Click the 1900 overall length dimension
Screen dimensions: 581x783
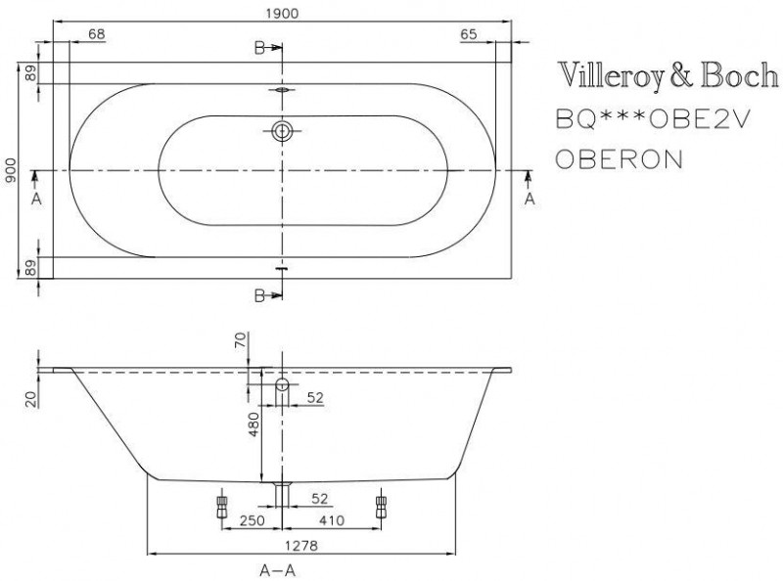pyautogui.click(x=282, y=12)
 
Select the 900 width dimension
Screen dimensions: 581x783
pyautogui.click(x=10, y=170)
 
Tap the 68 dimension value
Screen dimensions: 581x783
pyautogui.click(x=96, y=34)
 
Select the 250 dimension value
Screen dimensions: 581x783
pyautogui.click(x=250, y=523)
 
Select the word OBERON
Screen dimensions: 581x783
pyautogui.click(x=619, y=159)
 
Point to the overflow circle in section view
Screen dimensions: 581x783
pyautogui.click(x=282, y=383)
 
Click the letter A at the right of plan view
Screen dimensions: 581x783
pyautogui.click(x=530, y=199)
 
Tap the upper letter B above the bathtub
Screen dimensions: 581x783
pyautogui.click(x=259, y=48)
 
